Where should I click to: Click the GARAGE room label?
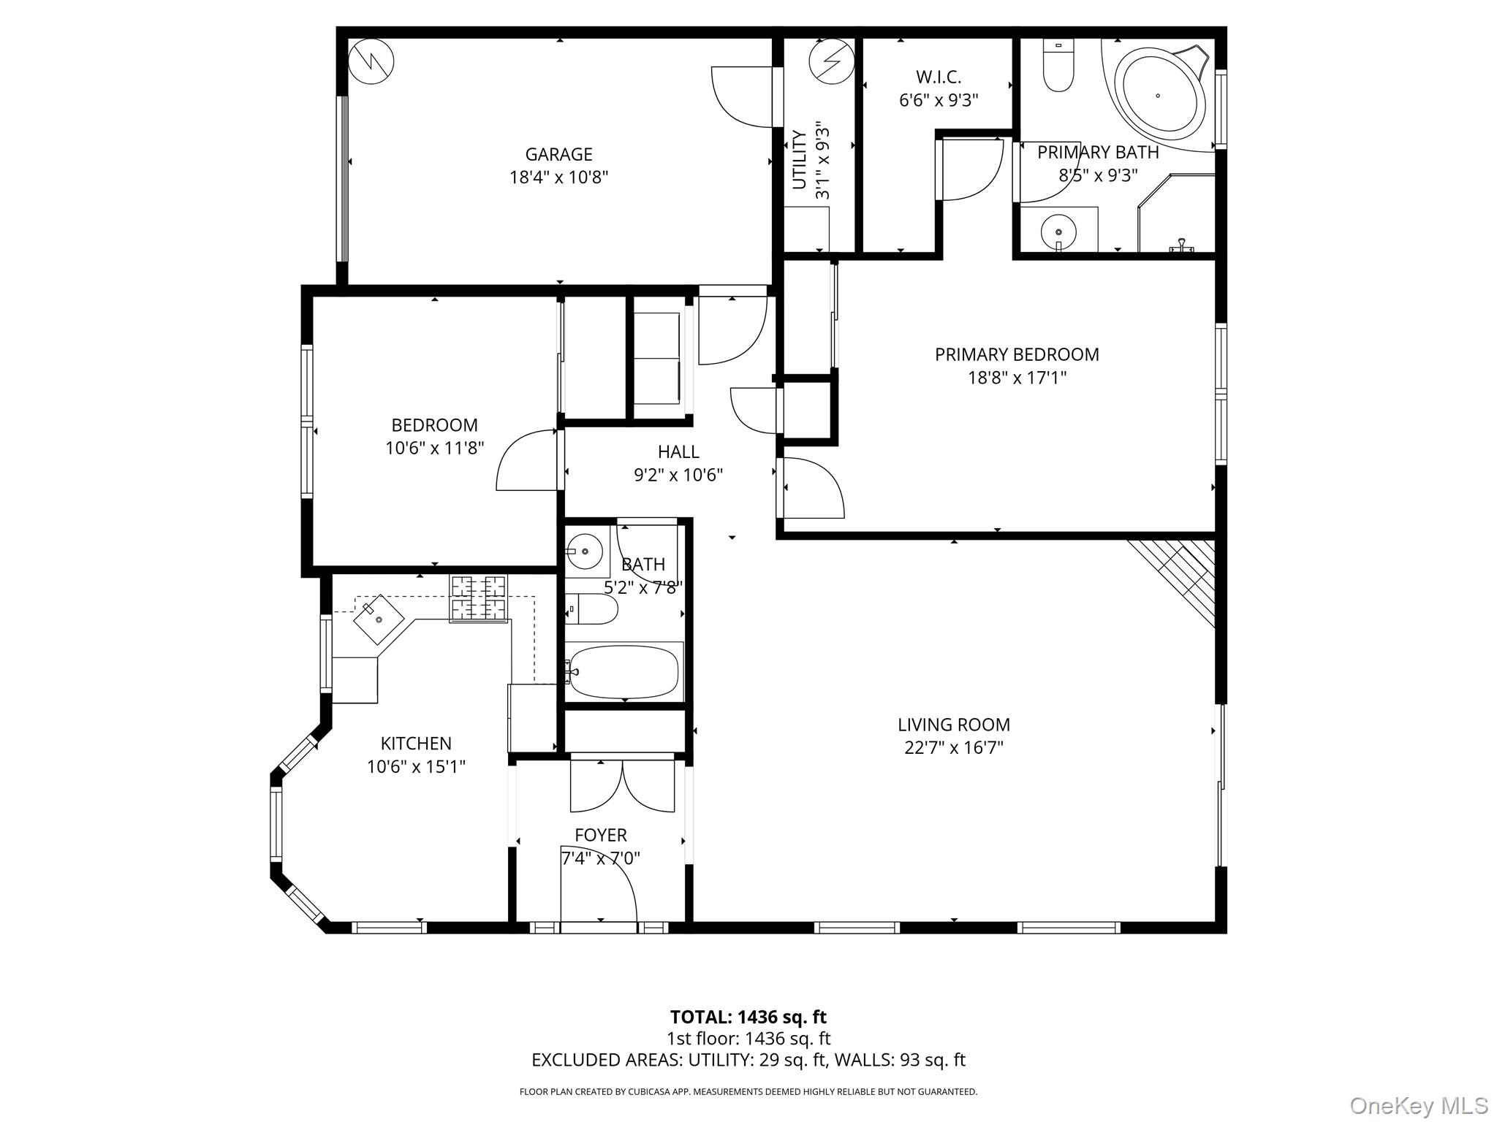pyautogui.click(x=558, y=154)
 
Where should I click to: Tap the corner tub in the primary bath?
pyautogui.click(x=1162, y=95)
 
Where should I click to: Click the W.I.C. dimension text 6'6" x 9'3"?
pyautogui.click(x=938, y=100)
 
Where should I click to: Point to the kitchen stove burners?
pyautogui.click(x=479, y=598)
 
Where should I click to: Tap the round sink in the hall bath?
pyautogui.click(x=585, y=551)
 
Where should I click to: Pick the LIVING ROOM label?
pyautogui.click(x=953, y=725)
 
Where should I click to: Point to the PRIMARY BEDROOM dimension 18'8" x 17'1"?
pyautogui.click(x=1017, y=378)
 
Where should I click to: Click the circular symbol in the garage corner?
pyautogui.click(x=371, y=61)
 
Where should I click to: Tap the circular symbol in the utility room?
pyautogui.click(x=831, y=61)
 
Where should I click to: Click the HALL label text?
pyautogui.click(x=678, y=451)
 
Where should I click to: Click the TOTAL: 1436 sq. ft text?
pyautogui.click(x=748, y=1017)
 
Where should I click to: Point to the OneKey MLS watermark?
pyautogui.click(x=1418, y=1106)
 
